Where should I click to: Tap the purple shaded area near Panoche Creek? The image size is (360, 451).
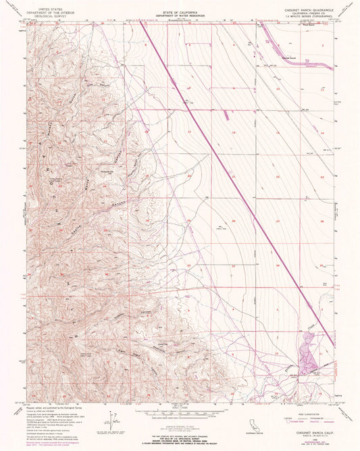(x=307, y=360)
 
